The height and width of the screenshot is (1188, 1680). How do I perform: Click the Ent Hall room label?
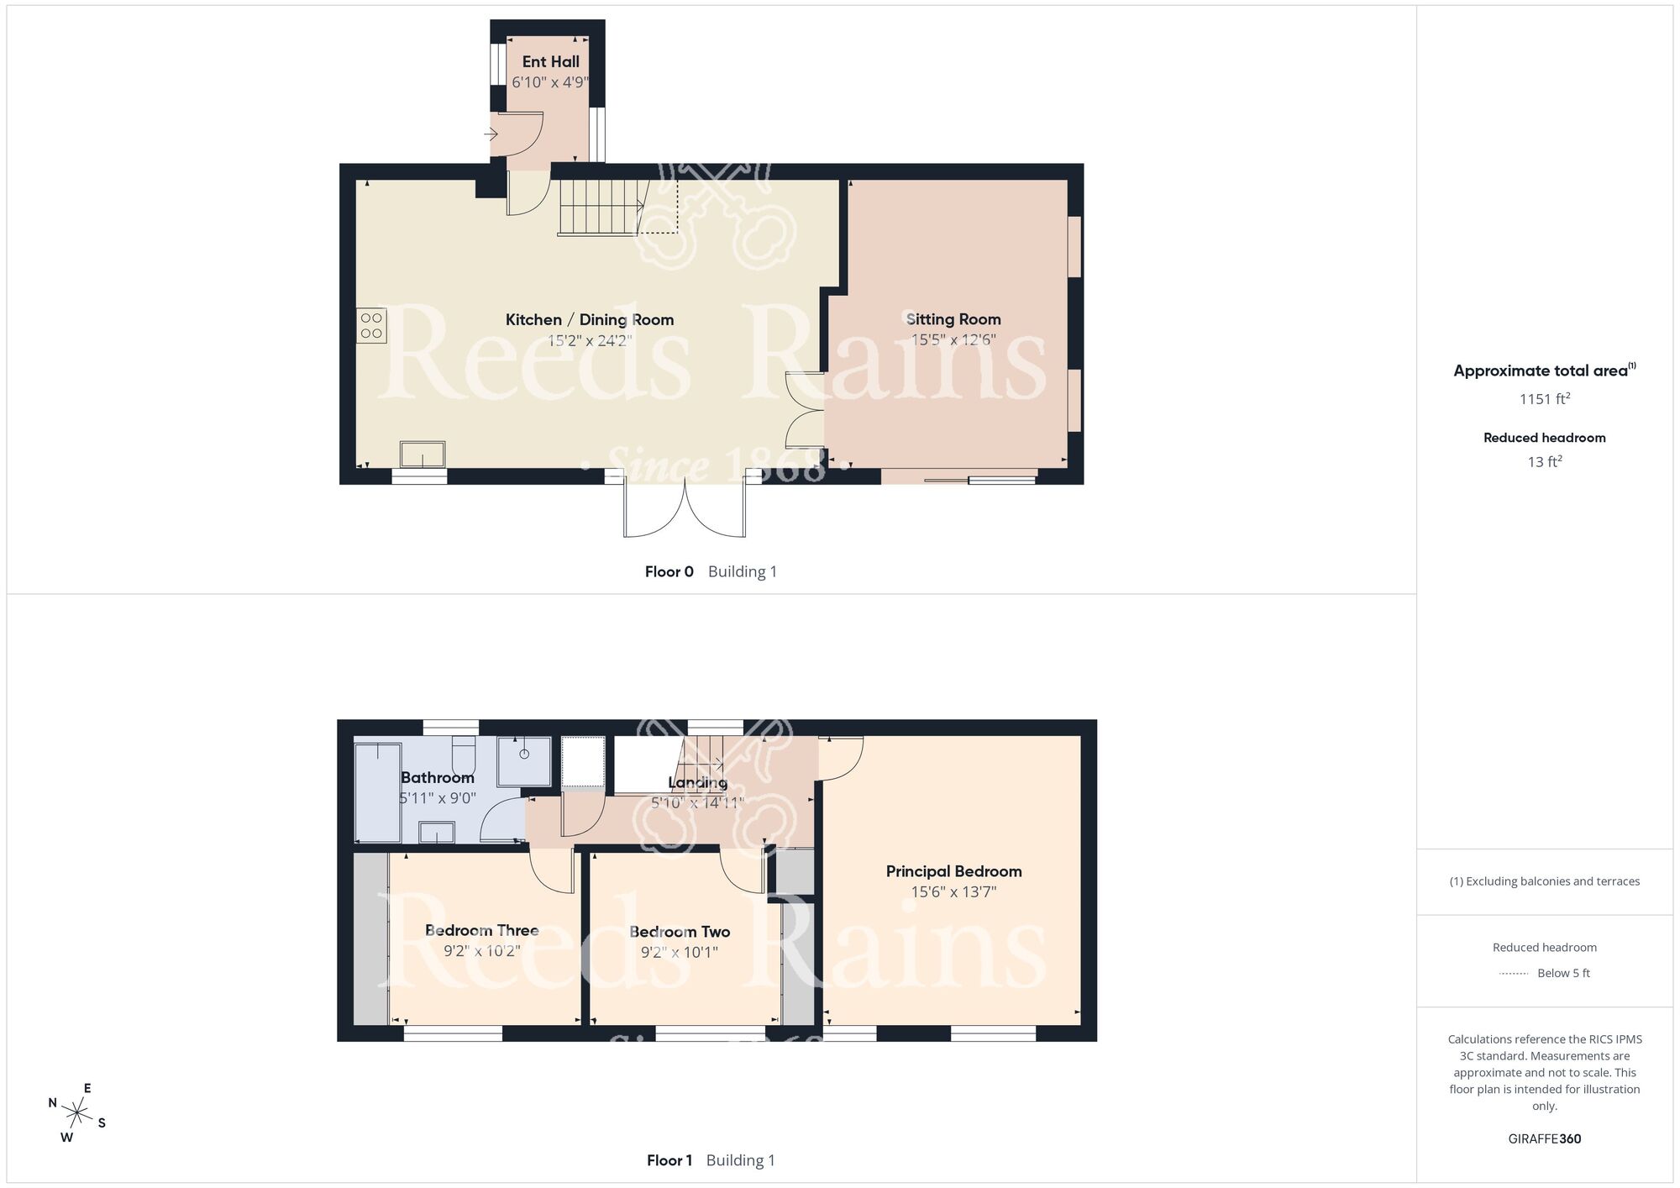pos(550,61)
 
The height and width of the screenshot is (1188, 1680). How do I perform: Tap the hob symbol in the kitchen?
pos(371,326)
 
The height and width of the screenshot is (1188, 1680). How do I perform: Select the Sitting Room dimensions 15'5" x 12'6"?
pos(953,340)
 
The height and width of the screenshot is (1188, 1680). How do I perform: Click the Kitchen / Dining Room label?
pos(589,319)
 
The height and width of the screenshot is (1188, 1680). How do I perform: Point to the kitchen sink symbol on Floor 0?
pos(423,454)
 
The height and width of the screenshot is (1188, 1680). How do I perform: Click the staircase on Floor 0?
pos(601,207)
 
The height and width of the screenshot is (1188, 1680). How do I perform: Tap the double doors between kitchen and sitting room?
pos(805,409)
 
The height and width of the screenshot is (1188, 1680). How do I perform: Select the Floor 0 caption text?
pos(669,572)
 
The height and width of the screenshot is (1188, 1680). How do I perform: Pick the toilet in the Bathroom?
pos(464,754)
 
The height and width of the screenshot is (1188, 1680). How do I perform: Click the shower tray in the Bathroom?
pos(524,761)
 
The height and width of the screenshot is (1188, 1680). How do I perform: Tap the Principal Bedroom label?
pos(953,871)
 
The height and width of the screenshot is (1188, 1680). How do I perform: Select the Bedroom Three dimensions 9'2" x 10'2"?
pos(482,951)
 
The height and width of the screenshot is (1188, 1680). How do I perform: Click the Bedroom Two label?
pos(680,931)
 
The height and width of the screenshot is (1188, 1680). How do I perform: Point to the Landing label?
pos(698,782)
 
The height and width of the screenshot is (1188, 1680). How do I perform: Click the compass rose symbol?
pos(77,1114)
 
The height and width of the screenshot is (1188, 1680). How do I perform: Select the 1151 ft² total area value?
pos(1544,399)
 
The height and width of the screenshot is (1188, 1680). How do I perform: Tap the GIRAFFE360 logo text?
pos(1544,1139)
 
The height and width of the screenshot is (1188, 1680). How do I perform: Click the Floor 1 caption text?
pos(669,1160)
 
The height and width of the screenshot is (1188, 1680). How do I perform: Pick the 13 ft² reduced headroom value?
pos(1544,461)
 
